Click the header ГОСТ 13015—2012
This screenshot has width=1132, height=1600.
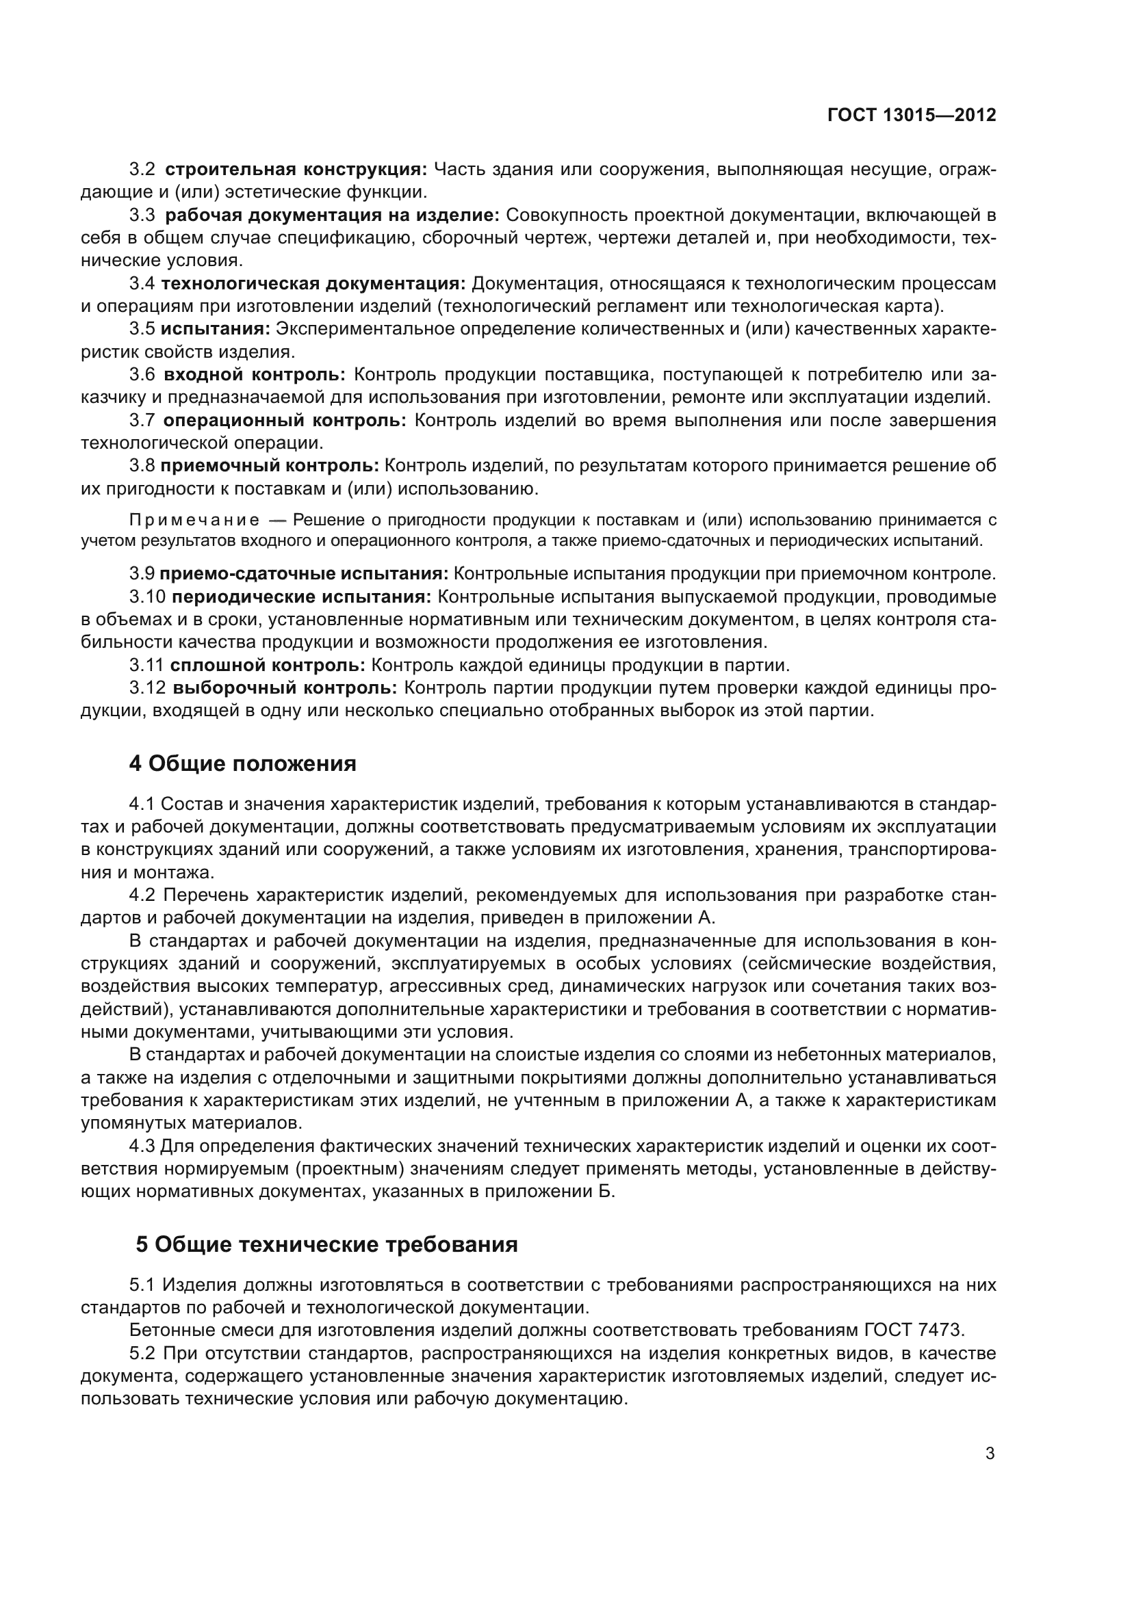point(911,115)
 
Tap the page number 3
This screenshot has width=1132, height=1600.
point(990,1454)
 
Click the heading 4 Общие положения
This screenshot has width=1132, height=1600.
point(242,764)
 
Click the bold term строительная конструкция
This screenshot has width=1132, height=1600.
point(296,170)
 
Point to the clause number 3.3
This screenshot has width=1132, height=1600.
point(143,215)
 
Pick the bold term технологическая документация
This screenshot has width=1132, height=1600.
point(313,284)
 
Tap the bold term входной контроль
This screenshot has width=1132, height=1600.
point(255,375)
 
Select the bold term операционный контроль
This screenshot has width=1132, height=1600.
point(285,420)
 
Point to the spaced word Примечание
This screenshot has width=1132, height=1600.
point(194,520)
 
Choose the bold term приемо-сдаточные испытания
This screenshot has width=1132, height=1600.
point(304,574)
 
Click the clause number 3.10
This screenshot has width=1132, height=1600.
point(147,597)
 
